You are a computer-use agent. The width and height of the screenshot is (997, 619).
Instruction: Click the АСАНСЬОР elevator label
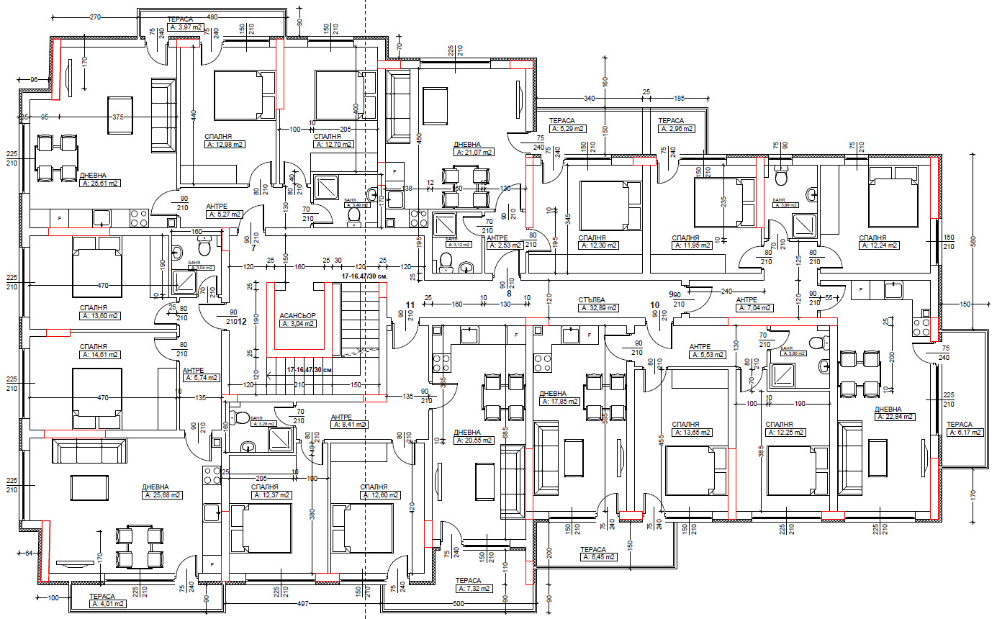click(297, 315)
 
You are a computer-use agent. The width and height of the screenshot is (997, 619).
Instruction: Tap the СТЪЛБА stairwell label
click(592, 299)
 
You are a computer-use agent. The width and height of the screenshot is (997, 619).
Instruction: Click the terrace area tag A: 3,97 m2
click(184, 27)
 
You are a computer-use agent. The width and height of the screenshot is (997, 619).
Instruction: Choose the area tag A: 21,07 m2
click(474, 153)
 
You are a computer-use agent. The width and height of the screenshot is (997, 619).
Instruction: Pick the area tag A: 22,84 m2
click(895, 417)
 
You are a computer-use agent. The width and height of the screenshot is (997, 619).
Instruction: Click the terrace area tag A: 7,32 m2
click(474, 588)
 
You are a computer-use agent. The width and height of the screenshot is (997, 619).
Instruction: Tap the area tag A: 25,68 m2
click(162, 495)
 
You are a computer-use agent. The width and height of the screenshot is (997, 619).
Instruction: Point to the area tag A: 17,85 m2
click(559, 402)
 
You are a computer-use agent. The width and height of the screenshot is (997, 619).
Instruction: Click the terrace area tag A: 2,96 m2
click(677, 129)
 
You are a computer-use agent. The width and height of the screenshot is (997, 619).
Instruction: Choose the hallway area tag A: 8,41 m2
click(349, 425)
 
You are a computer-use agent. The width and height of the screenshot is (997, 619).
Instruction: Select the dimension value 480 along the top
click(212, 17)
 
